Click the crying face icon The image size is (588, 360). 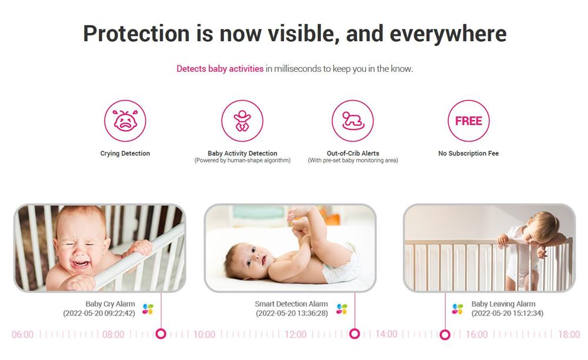(125, 121)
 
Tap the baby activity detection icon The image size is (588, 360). (242, 121)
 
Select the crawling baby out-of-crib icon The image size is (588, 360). (352, 121)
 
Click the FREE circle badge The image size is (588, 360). (469, 121)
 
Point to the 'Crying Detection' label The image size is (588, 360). (125, 154)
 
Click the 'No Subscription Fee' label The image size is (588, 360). (469, 154)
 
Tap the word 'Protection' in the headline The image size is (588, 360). (136, 34)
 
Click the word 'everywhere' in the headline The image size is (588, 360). (448, 34)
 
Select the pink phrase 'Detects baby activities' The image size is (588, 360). (220, 69)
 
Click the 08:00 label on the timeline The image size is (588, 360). (113, 334)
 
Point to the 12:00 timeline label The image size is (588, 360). (296, 334)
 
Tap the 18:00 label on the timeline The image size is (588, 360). (569, 334)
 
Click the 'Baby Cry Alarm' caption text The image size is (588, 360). (110, 304)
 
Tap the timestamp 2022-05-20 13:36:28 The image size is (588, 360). (292, 313)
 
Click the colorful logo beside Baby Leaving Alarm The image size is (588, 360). (457, 309)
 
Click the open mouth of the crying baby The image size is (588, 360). (81, 263)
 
